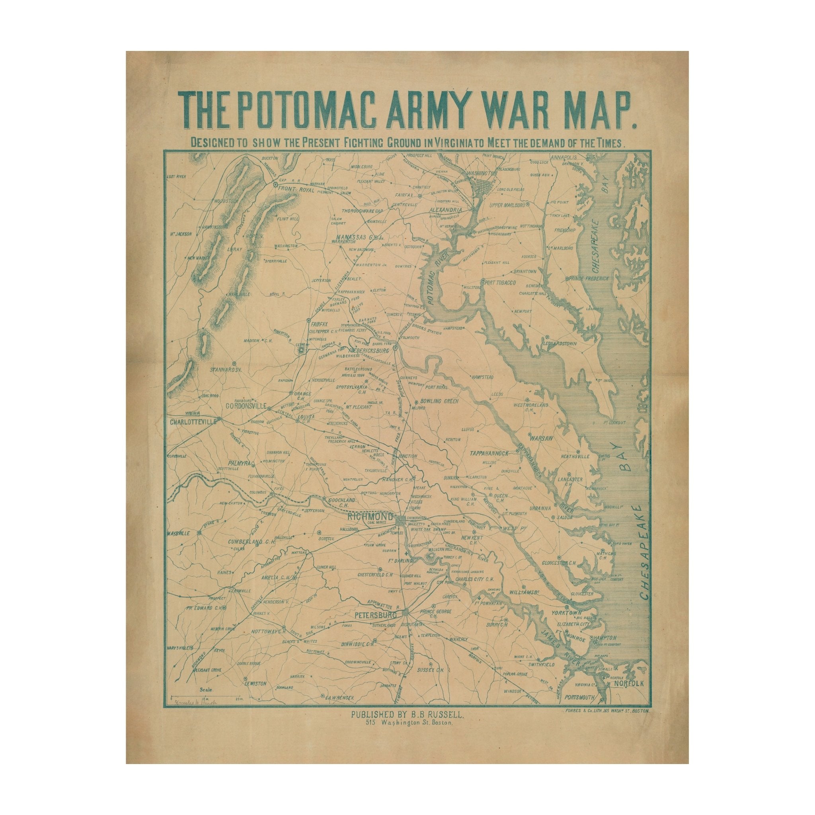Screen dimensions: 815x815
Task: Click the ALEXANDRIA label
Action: (x=447, y=209)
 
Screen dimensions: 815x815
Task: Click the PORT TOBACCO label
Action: (x=501, y=282)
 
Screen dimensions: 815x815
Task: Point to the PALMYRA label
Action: (x=240, y=463)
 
